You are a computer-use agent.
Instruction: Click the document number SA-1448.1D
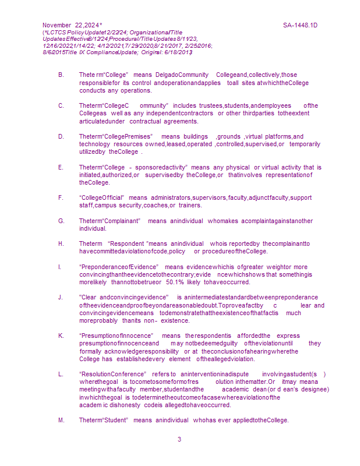[300, 26]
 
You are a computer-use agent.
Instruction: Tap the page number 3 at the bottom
[179, 439]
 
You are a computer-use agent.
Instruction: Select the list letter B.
[61, 75]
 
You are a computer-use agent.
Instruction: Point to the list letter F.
[61, 197]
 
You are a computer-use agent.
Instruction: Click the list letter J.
[61, 297]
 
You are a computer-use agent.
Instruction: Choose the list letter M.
[61, 421]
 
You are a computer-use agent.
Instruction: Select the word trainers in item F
[190, 205]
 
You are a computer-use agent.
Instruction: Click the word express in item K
[288, 336]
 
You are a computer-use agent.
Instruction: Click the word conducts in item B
[92, 90]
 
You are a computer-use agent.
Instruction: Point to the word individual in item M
[172, 421]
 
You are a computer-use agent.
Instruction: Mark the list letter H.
[61, 243]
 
